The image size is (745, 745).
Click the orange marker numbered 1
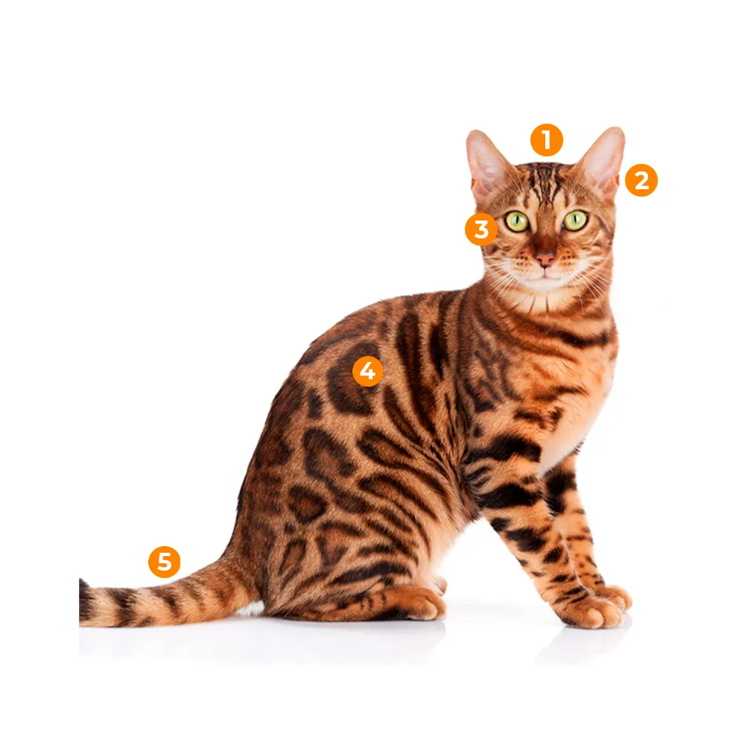(x=546, y=140)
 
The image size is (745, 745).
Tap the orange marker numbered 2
(x=641, y=180)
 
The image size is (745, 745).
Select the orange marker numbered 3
(x=481, y=229)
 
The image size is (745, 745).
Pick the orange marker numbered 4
(x=367, y=371)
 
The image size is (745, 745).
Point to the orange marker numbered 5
(x=164, y=562)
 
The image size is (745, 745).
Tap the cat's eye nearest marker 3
(x=516, y=221)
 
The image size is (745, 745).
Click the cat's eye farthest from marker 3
(x=575, y=220)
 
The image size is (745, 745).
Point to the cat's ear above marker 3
(x=488, y=164)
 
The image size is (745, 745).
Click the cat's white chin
(x=545, y=283)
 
